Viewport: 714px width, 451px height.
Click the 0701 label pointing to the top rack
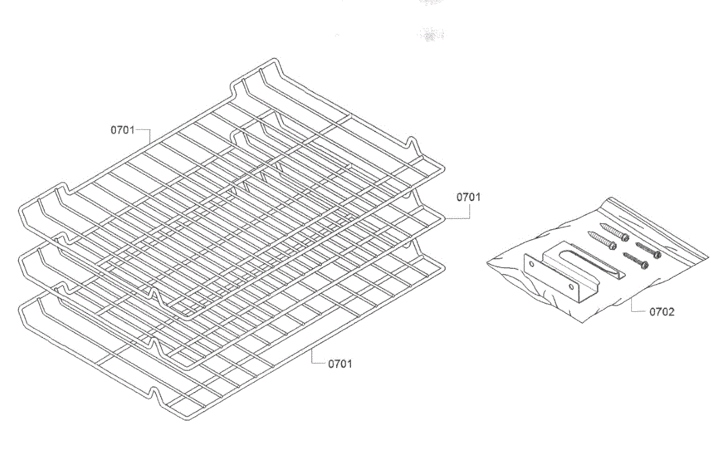pos(122,129)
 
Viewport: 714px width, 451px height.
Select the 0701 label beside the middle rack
pos(468,197)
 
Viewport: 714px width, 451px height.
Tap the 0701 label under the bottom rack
pos(340,363)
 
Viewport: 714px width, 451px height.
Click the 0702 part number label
pos(662,311)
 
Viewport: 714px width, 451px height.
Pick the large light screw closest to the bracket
pos(602,240)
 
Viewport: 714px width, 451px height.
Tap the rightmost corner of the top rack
pos(443,170)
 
